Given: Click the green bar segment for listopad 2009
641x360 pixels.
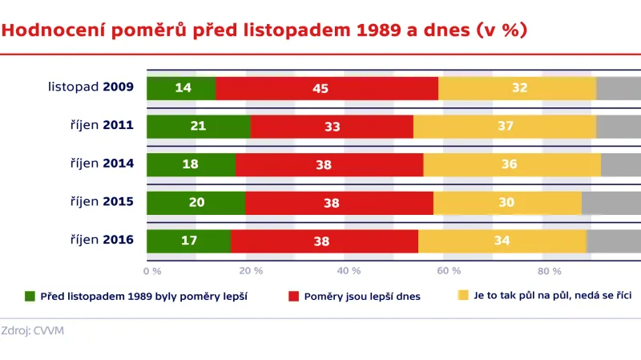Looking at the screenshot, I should pos(181,88).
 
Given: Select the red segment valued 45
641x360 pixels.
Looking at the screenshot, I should pos(327,88).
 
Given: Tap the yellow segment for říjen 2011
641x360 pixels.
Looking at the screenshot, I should pos(505,127).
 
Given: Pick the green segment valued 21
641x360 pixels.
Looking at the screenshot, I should pos(199,127).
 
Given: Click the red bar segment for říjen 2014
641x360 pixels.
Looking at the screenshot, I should pos(329,164).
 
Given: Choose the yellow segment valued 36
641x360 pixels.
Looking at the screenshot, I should pos(512,164).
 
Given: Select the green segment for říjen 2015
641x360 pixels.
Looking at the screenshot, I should pos(196,203).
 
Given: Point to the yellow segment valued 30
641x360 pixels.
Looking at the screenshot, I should pos(507,203).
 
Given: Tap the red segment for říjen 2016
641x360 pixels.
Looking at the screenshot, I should pos(325,241).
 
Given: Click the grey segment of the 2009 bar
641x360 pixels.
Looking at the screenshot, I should pos(619,88).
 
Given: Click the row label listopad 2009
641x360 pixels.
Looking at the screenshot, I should pos(91,87).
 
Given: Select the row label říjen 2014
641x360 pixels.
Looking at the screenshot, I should pos(100,164).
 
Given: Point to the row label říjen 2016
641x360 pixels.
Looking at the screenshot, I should pos(100,240).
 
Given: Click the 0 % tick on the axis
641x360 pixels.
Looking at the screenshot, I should pos(152,270).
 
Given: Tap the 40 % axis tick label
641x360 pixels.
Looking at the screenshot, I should pos(349,270).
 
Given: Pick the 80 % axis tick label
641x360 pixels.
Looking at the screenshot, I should pos(549,270).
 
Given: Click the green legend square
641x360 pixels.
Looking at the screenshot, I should pos(30,296).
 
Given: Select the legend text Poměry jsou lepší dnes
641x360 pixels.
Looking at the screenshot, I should pos(362,296).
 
